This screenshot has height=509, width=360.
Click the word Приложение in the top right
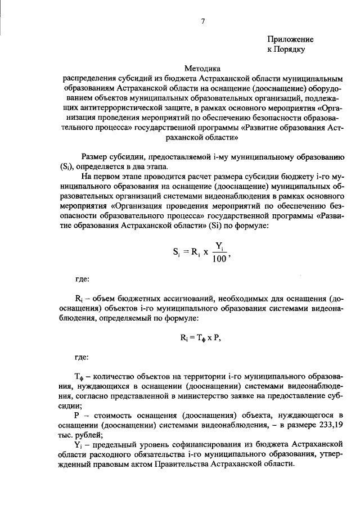point(290,39)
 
